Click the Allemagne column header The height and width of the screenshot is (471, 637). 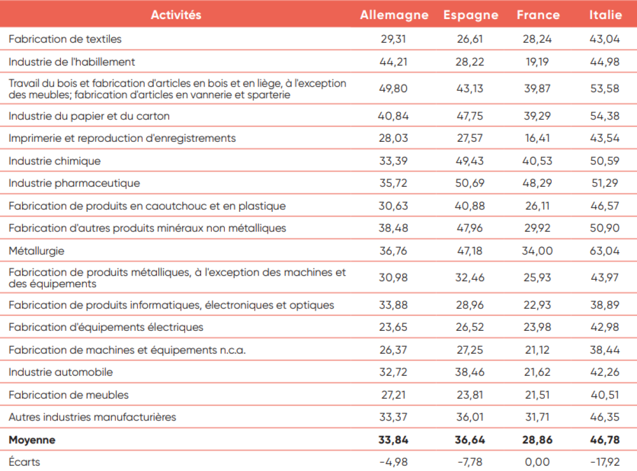(394, 15)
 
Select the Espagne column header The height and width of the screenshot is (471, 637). (471, 15)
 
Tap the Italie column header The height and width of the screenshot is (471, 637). (605, 15)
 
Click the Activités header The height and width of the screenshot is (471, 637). (176, 15)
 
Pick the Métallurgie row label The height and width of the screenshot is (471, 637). (37, 251)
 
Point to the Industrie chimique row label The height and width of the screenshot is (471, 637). (55, 161)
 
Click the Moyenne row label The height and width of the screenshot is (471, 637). (32, 440)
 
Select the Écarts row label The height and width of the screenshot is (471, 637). (24, 462)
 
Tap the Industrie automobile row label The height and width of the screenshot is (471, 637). (61, 372)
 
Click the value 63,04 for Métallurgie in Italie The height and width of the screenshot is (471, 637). (605, 251)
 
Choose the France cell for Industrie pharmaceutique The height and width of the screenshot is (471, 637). (537, 183)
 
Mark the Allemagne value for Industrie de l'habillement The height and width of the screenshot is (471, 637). (393, 62)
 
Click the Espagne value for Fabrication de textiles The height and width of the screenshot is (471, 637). (470, 39)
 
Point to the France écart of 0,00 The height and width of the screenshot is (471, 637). (537, 462)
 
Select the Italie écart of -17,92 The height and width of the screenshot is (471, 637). (605, 462)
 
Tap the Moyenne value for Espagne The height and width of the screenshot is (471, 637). (470, 440)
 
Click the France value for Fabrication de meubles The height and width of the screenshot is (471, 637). (537, 395)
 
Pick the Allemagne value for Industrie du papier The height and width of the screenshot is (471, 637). (393, 116)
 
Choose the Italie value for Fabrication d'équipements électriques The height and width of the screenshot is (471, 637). (605, 327)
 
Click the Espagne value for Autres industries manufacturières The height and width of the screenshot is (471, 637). (470, 417)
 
